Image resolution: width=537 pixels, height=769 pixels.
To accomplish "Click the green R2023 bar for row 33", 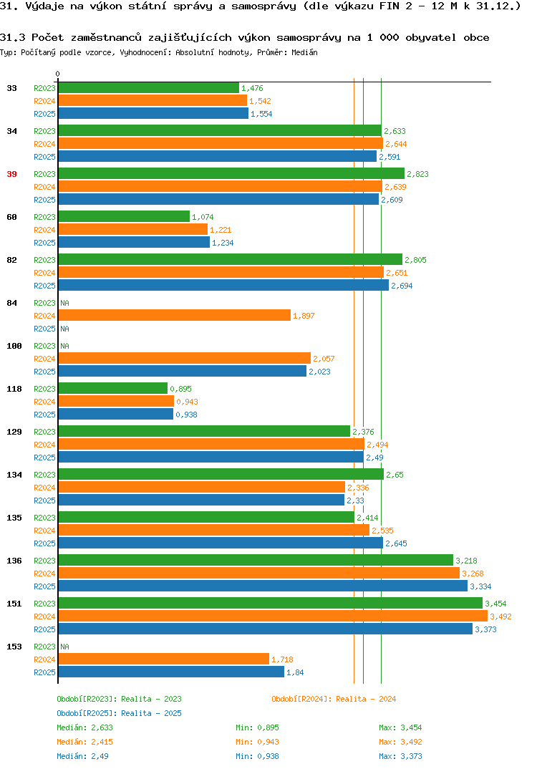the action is point(149,88).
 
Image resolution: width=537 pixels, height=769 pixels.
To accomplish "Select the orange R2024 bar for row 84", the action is point(175,315).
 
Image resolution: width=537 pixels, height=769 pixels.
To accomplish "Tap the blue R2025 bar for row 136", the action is point(263,586).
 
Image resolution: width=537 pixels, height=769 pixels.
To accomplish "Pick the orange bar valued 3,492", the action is point(274,616).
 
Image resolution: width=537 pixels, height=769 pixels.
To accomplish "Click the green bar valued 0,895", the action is point(113,388).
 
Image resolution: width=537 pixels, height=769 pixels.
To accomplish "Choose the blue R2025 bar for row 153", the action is point(171,672).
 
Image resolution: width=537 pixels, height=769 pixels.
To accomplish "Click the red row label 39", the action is point(11,174).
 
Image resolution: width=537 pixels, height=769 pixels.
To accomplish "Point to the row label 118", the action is point(14,389).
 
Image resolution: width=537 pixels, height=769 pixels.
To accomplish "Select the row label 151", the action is point(14,604).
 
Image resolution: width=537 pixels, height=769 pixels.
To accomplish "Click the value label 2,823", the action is point(417,174).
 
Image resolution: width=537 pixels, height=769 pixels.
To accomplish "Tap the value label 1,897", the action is point(304,316).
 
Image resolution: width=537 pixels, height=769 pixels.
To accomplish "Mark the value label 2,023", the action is point(319,372).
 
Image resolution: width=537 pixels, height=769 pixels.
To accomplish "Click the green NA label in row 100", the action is point(64,346).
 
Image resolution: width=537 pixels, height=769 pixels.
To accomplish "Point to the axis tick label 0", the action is point(57,74).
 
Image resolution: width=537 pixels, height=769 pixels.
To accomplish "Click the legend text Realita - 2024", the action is point(366,699).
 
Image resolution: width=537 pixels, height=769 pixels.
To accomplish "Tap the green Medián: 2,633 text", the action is point(84,727).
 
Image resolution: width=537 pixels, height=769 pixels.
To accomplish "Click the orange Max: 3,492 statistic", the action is point(400,742).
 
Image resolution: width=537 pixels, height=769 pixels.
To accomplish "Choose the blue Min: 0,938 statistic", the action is point(257,756).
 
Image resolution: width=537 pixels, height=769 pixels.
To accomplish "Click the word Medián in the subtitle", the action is point(304,52).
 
